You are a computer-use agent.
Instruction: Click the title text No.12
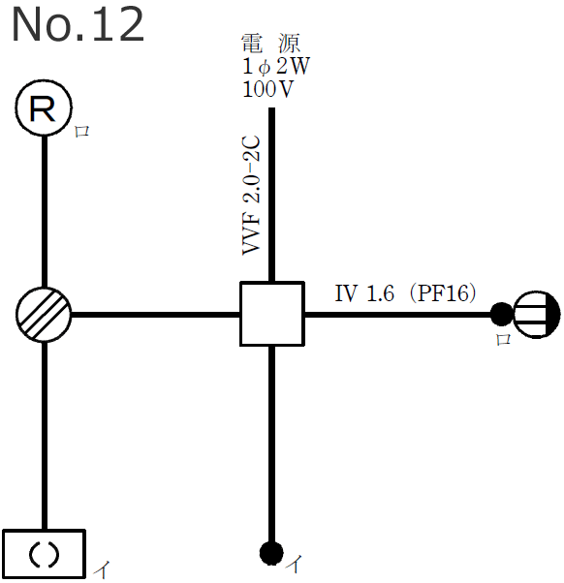78,26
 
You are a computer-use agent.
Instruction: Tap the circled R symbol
44,108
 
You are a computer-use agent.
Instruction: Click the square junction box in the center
272,314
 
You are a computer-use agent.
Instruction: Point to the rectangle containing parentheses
44,553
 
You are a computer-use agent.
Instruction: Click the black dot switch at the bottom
271,553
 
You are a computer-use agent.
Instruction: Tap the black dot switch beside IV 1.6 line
500,314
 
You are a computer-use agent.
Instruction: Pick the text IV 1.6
364,293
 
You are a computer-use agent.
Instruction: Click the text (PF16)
442,293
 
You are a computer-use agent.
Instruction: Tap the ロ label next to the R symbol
82,133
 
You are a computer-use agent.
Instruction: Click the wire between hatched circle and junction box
155,314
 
